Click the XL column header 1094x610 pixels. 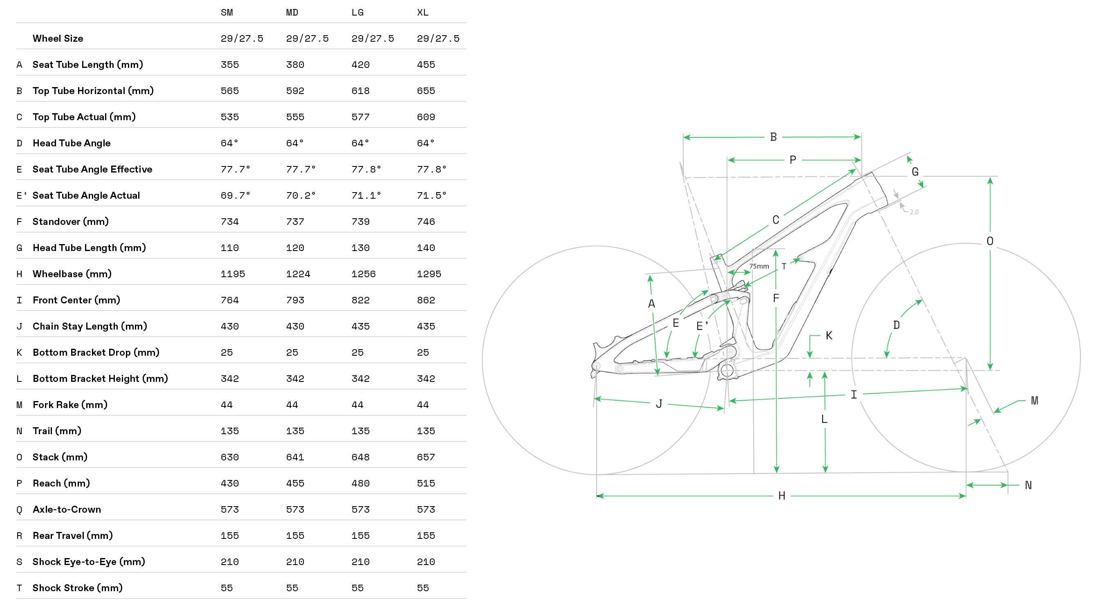tap(423, 13)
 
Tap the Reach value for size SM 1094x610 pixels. tap(230, 483)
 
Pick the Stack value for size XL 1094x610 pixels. tap(426, 457)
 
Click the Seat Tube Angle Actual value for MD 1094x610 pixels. tap(300, 195)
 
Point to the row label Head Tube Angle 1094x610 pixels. tap(72, 143)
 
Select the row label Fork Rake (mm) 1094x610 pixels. tap(70, 405)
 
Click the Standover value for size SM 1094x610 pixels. tap(230, 222)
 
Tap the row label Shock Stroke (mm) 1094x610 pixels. tap(77, 588)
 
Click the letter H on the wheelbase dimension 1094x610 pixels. tap(781, 496)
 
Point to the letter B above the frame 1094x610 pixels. tap(773, 137)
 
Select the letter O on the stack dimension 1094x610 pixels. tap(990, 241)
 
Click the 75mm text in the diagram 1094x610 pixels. tap(759, 266)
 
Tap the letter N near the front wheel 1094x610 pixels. tap(1028, 485)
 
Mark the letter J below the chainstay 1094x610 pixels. tap(659, 404)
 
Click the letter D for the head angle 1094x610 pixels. tap(897, 325)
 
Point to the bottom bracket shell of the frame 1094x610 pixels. tap(727, 370)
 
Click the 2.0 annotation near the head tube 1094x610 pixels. tap(914, 211)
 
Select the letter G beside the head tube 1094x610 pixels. tap(915, 172)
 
